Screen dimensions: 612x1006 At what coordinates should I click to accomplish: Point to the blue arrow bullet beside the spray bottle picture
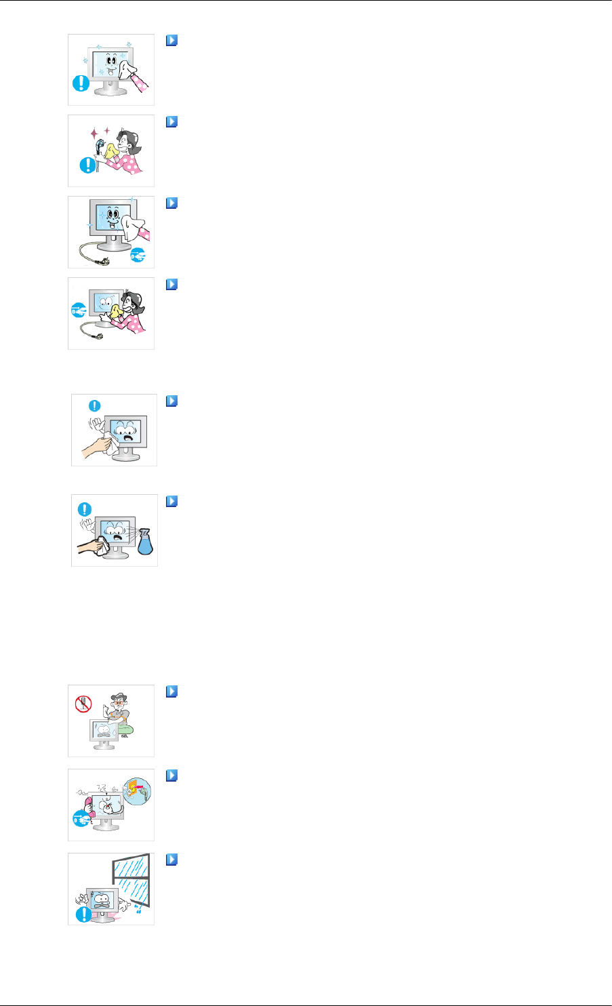tap(171, 501)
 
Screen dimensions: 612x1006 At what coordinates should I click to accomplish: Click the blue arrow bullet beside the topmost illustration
tap(171, 41)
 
